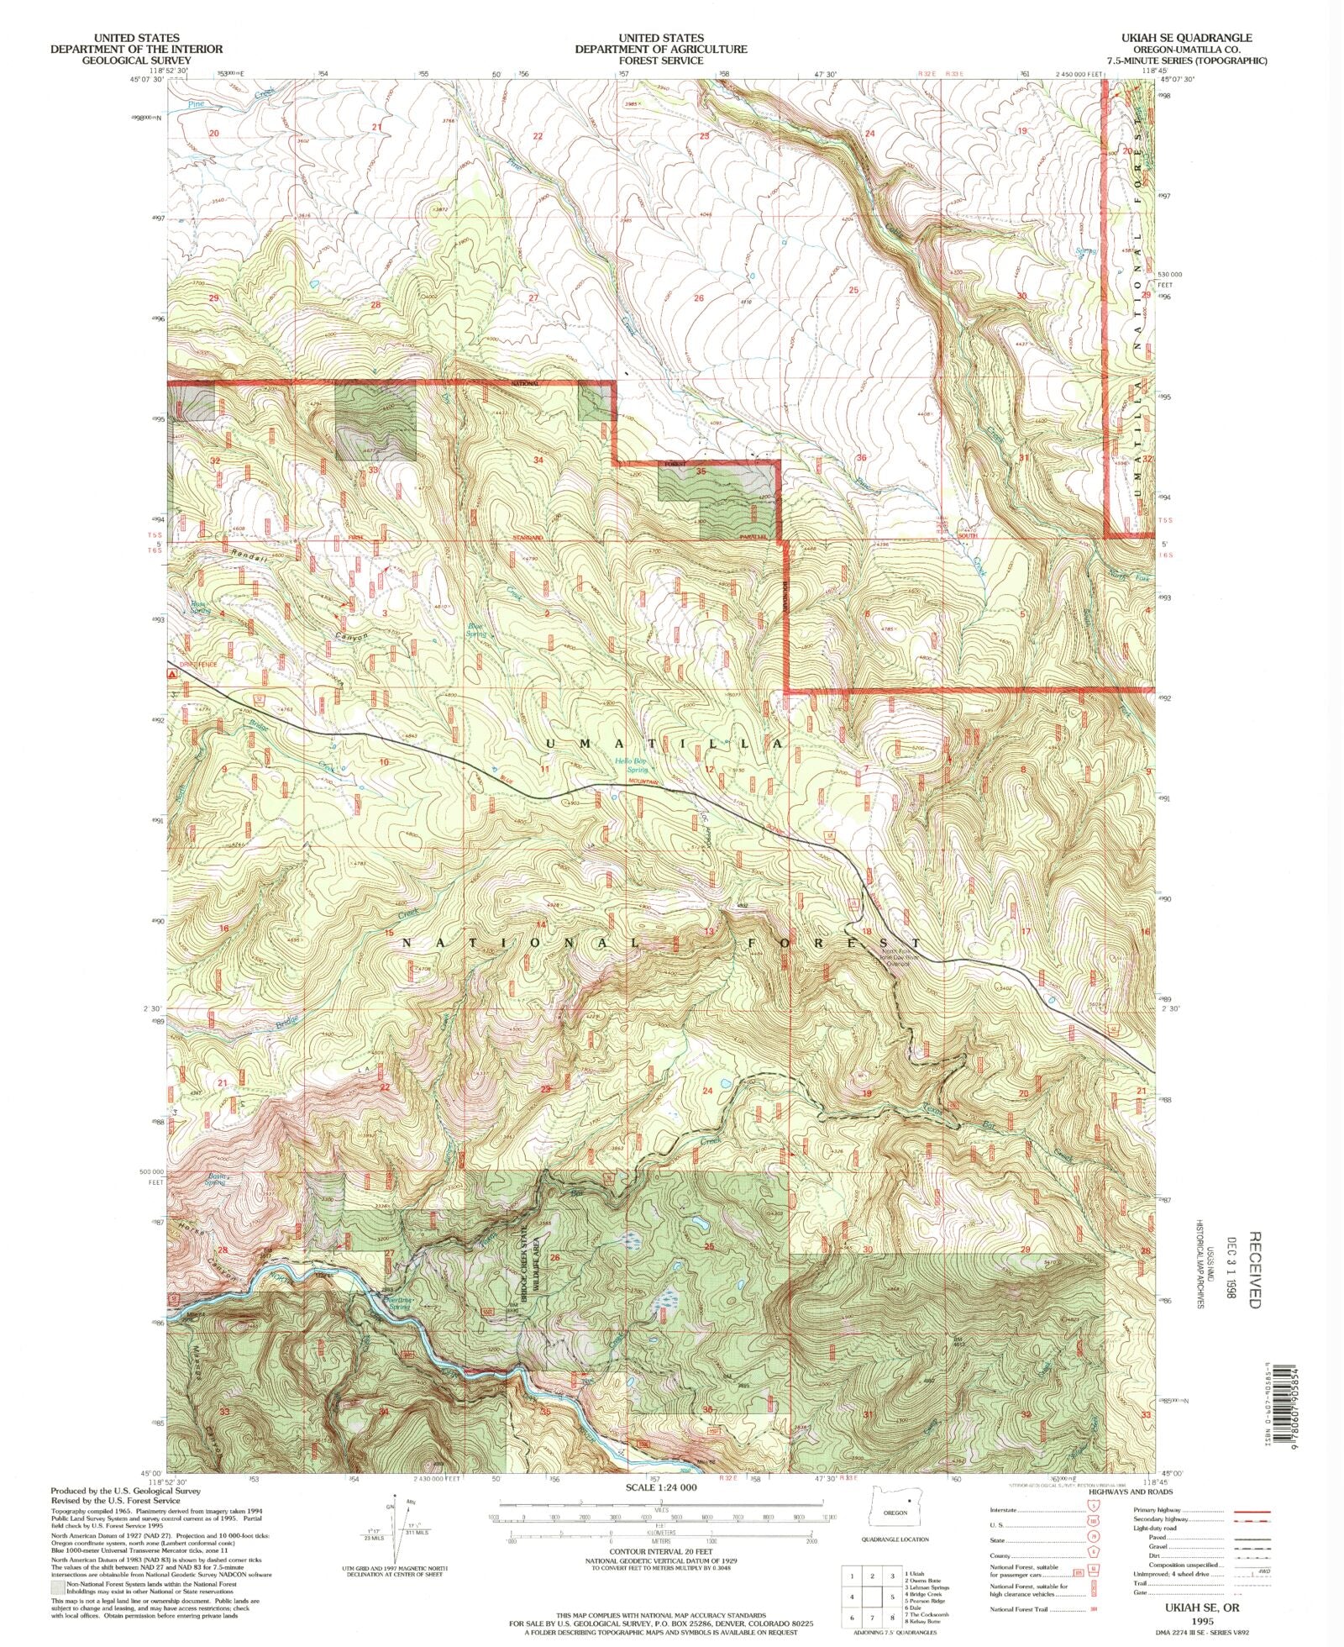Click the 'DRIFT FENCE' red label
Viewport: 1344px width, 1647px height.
coord(194,664)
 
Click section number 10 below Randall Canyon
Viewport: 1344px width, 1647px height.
coord(384,761)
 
